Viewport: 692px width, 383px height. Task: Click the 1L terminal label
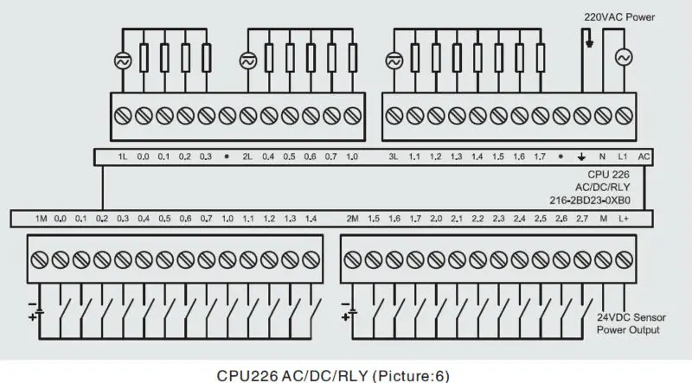pyautogui.click(x=123, y=156)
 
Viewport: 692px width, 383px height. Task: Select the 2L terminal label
pyautogui.click(x=247, y=156)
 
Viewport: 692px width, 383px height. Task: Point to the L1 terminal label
pyautogui.click(x=622, y=156)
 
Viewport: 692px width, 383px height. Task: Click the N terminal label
pyautogui.click(x=602, y=156)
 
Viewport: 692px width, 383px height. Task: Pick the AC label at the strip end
pyautogui.click(x=643, y=156)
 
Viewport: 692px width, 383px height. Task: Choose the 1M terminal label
pyautogui.click(x=41, y=219)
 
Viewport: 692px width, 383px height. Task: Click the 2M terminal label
pyautogui.click(x=352, y=219)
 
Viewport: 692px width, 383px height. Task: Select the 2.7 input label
pyautogui.click(x=582, y=219)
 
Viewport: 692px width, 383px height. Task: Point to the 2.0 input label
pyautogui.click(x=436, y=219)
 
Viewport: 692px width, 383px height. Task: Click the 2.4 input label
pyautogui.click(x=519, y=219)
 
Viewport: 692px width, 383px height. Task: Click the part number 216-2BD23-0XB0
pyautogui.click(x=608, y=198)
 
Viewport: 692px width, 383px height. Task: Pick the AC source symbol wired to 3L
pyautogui.click(x=394, y=61)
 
